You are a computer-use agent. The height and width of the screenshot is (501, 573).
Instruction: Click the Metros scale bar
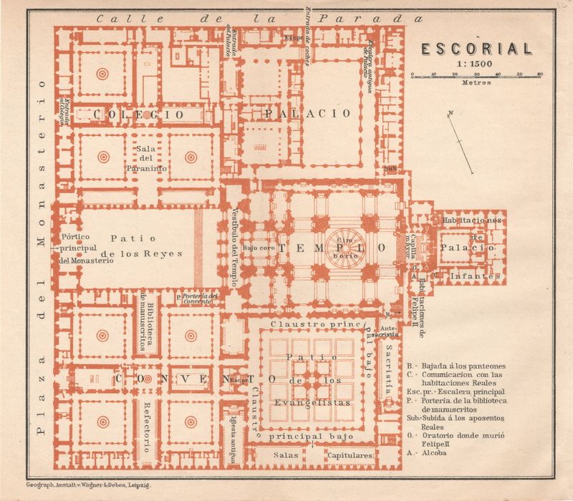coord(476,75)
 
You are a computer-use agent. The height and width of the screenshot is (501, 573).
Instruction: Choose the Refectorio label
coord(147,427)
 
